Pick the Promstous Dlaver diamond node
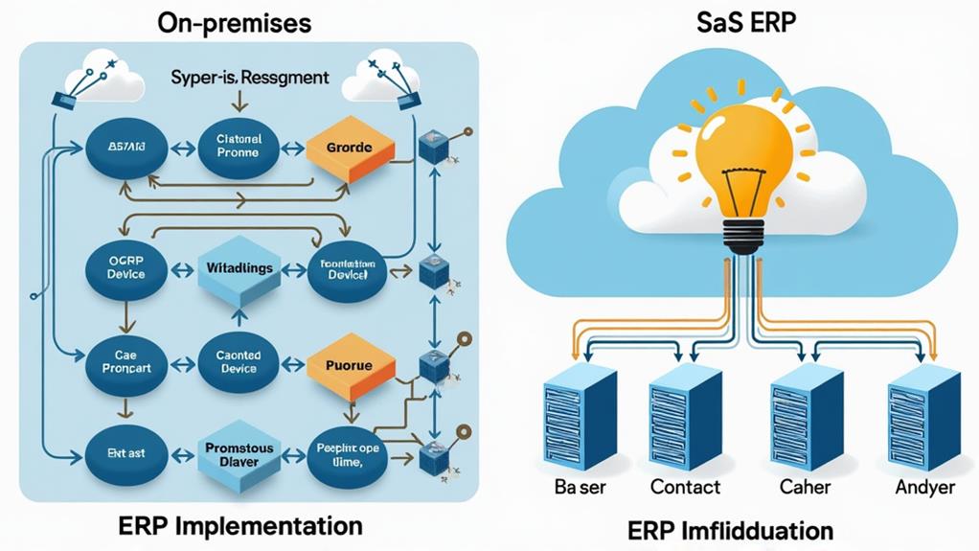(x=239, y=454)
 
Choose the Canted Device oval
(x=239, y=362)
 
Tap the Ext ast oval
(x=122, y=453)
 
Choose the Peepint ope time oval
(x=349, y=453)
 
